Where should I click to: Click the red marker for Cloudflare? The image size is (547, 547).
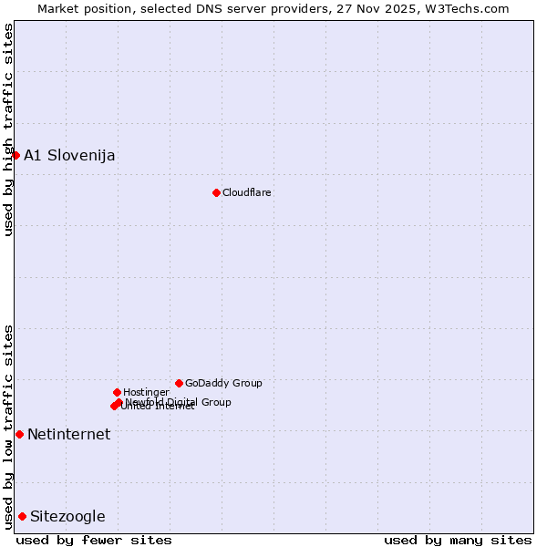pyautogui.click(x=216, y=192)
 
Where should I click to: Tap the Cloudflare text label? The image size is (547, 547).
pyautogui.click(x=247, y=192)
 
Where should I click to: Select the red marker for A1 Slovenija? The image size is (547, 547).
pyautogui.click(x=15, y=155)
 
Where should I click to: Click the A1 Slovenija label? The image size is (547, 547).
pyautogui.click(x=69, y=155)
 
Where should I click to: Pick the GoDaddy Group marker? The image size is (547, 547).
pyautogui.click(x=179, y=383)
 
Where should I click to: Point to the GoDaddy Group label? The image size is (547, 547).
pyautogui.click(x=223, y=383)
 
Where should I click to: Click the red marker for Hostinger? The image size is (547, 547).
pyautogui.click(x=117, y=392)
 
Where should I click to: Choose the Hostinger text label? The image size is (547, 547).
pyautogui.click(x=146, y=392)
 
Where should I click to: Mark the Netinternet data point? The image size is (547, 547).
pyautogui.click(x=19, y=434)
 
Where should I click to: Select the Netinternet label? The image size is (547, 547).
pyautogui.click(x=69, y=434)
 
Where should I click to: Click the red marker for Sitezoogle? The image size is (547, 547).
pyautogui.click(x=22, y=516)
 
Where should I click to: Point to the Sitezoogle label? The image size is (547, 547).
pyautogui.click(x=67, y=516)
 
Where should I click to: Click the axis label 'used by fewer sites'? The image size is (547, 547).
pyautogui.click(x=94, y=540)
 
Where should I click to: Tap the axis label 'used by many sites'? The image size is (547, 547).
pyautogui.click(x=458, y=540)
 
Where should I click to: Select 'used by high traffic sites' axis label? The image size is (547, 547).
pyautogui.click(x=8, y=129)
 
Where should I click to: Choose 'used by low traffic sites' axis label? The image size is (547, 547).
pyautogui.click(x=8, y=427)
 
